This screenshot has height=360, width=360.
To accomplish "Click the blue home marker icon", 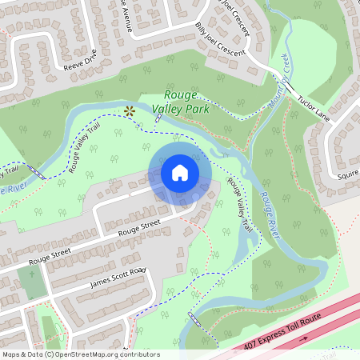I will tap(179, 173).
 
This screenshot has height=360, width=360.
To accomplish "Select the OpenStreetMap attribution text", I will tap(80, 354).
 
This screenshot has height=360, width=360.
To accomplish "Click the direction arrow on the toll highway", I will tap(303, 338).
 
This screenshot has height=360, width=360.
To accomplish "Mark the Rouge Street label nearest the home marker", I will tap(140, 229).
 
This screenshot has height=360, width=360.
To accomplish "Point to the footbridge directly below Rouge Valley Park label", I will tap(160, 117).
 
